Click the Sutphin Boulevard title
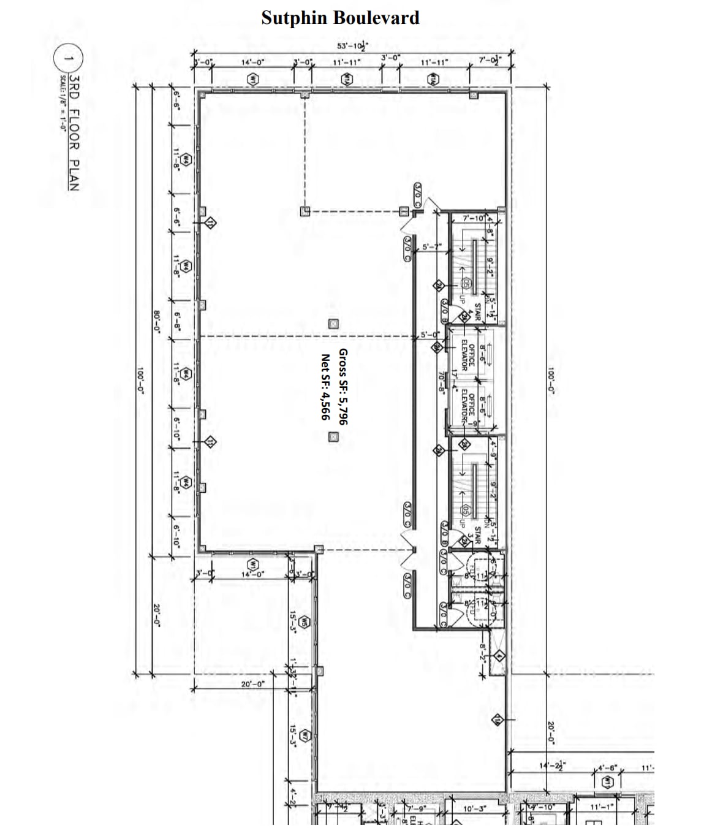pos(340,18)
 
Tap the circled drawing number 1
pos(69,59)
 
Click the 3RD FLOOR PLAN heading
pos(74,132)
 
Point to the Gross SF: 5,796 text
pos(343,387)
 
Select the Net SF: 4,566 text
pos(325,387)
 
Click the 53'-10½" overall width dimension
pos(352,46)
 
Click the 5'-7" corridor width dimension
pos(432,247)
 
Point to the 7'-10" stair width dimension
pos(473,218)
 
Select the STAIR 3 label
pos(472,533)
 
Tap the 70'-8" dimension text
pos(441,381)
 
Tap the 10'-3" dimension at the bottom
pos(474,808)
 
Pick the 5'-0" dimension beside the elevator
pos(430,335)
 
